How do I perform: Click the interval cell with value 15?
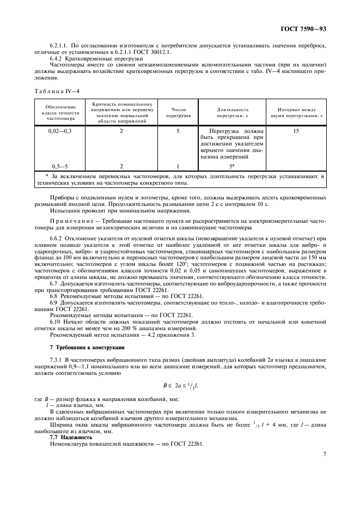(x=296, y=131)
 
